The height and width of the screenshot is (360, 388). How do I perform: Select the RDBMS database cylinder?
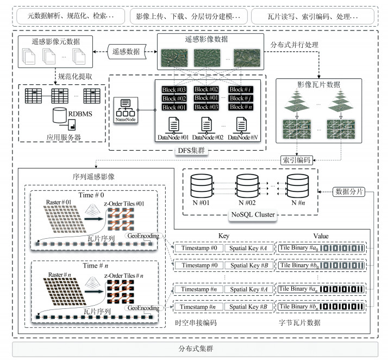point(59,116)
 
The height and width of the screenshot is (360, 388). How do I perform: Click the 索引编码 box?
point(295,160)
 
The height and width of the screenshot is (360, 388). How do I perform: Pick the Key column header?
point(224,237)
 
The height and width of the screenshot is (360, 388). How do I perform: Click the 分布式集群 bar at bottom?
point(195,348)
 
